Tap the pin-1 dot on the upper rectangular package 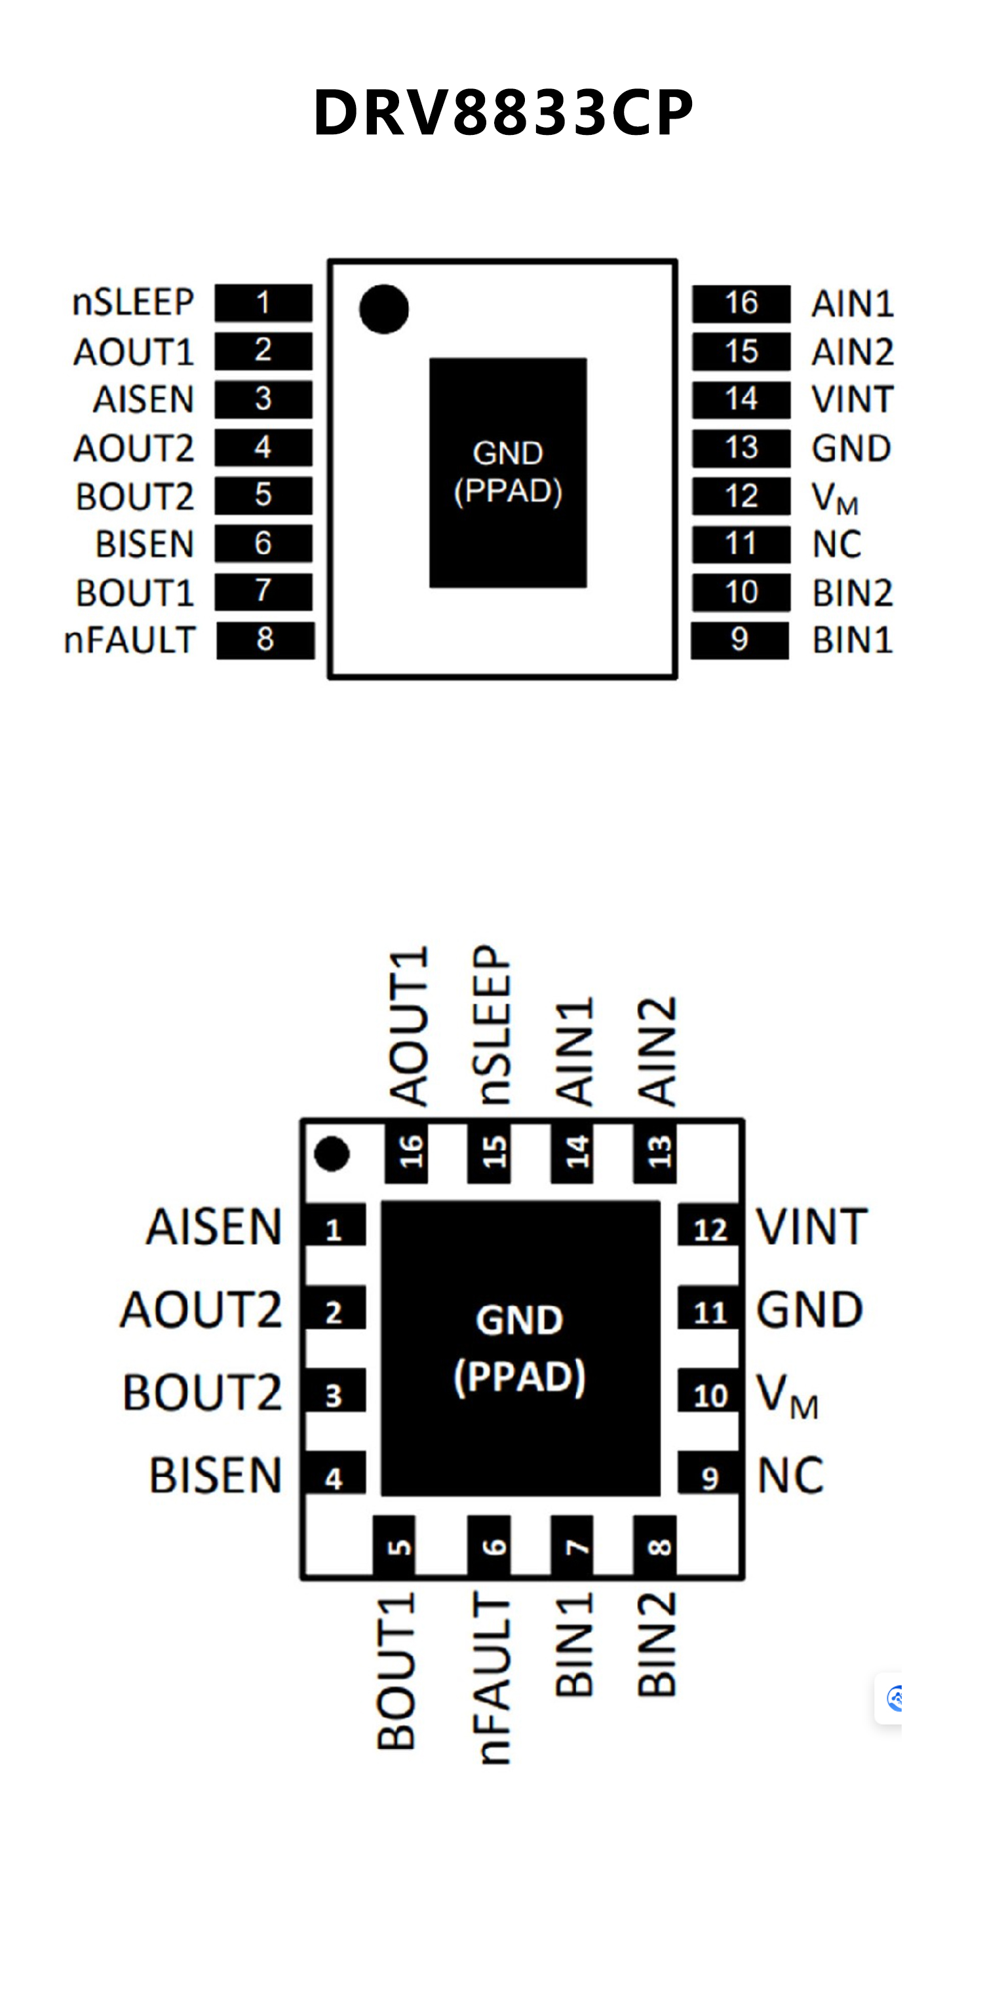383,309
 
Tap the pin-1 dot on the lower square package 331,1154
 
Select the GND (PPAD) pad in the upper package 508,472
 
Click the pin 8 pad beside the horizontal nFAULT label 265,640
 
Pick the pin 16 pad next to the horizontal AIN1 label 741,304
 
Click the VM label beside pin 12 834,497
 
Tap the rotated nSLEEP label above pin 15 493,1025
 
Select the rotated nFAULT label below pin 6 493,1678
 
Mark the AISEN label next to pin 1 213,1227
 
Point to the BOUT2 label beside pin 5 134,496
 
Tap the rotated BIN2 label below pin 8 656,1645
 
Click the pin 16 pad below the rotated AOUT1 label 407,1153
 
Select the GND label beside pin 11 809,1310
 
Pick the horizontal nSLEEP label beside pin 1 133,302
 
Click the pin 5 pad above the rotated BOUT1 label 395,1545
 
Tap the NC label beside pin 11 836,544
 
